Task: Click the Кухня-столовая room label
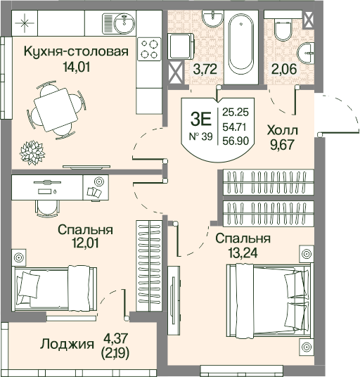pyautogui.click(x=76, y=52)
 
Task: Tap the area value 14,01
pyautogui.click(x=76, y=67)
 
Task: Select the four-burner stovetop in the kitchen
pyautogui.click(x=149, y=49)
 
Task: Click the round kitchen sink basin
pyautogui.click(x=124, y=23)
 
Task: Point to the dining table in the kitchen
pyautogui.click(x=56, y=110)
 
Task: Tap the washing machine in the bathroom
pyautogui.click(x=181, y=46)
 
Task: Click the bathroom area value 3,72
pyautogui.click(x=205, y=69)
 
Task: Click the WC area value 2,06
pyautogui.click(x=284, y=69)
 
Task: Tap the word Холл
pyautogui.click(x=283, y=131)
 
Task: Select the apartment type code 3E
pyautogui.click(x=200, y=120)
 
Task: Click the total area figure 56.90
pyautogui.click(x=236, y=141)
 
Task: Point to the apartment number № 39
pyautogui.click(x=201, y=137)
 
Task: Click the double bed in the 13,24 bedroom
pyautogui.click(x=270, y=300)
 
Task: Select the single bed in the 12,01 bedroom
pyautogui.click(x=56, y=288)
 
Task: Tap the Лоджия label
pyautogui.click(x=67, y=344)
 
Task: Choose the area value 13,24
pyautogui.click(x=243, y=253)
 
